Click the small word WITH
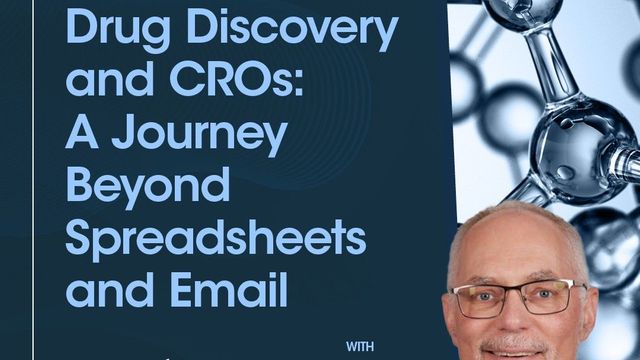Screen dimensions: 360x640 (361, 348)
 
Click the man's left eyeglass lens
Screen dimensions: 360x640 (485, 298)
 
